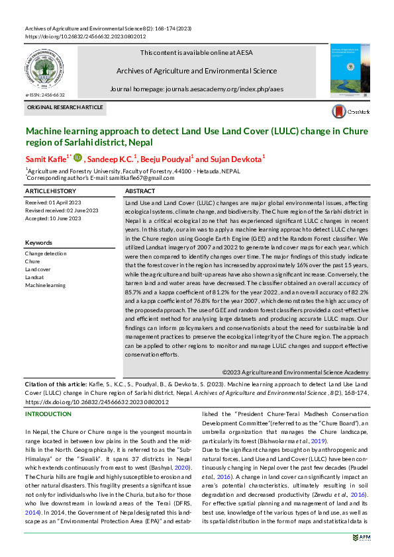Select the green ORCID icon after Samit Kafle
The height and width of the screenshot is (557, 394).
77,157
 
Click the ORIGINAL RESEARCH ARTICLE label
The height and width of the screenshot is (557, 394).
65,107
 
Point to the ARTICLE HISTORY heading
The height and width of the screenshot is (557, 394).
50,191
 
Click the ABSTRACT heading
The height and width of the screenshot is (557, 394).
140,191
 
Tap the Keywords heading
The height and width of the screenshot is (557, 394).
38,243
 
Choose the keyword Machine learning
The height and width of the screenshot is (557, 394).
45,285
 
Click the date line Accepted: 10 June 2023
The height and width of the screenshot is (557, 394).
56,218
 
